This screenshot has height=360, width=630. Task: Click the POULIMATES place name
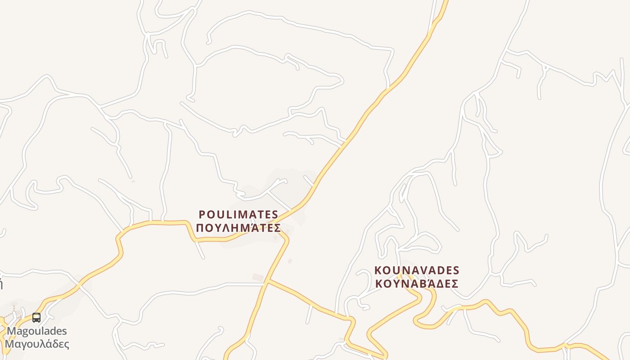[238, 215]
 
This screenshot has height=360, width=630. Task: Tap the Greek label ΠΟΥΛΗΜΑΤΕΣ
[238, 228]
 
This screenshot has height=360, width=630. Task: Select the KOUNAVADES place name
[417, 270]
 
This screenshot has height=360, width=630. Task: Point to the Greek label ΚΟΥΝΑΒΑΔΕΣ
[417, 284]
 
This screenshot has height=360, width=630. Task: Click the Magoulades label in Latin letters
[37, 331]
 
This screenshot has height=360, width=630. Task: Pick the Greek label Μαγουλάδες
[37, 344]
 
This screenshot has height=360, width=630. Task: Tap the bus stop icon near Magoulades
[36, 318]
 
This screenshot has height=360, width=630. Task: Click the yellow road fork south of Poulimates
[267, 281]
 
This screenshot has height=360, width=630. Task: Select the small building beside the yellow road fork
[258, 278]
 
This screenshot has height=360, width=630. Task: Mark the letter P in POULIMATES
[202, 215]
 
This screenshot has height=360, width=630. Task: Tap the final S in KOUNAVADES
[456, 270]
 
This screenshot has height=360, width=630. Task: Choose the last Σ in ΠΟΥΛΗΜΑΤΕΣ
[277, 228]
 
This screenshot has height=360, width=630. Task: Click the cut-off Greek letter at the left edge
[1, 284]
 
